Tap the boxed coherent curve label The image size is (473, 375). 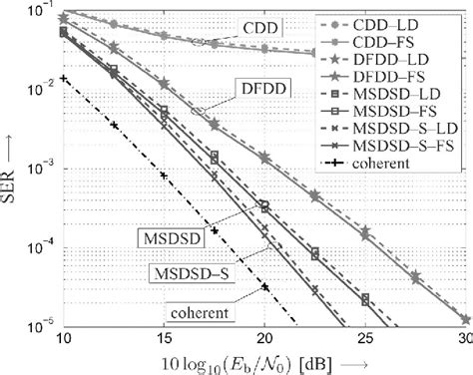tap(212, 312)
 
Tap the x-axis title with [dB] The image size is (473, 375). tap(263, 360)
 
